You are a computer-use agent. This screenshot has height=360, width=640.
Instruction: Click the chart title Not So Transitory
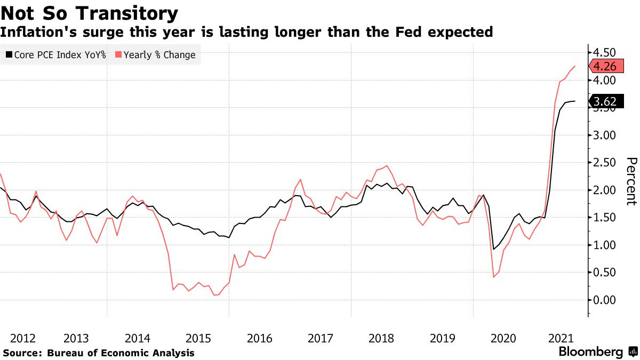tap(90, 13)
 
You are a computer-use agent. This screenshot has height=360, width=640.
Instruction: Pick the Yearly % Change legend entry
tap(155, 55)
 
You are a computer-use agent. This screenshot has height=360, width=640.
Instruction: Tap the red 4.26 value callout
tap(605, 67)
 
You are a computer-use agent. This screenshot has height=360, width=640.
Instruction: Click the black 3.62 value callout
tap(605, 101)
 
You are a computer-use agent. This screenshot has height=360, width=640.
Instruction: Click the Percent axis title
tap(631, 181)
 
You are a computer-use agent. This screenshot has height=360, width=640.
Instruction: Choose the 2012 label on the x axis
tap(23, 338)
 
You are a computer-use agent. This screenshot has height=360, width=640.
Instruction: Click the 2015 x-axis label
tap(198, 338)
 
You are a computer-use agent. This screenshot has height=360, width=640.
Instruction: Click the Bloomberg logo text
tap(590, 352)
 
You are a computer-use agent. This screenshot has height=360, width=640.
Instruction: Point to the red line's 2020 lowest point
tap(494, 277)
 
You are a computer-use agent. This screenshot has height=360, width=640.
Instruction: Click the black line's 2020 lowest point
tap(494, 249)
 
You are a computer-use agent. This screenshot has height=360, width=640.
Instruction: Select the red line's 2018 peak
tap(386, 165)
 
